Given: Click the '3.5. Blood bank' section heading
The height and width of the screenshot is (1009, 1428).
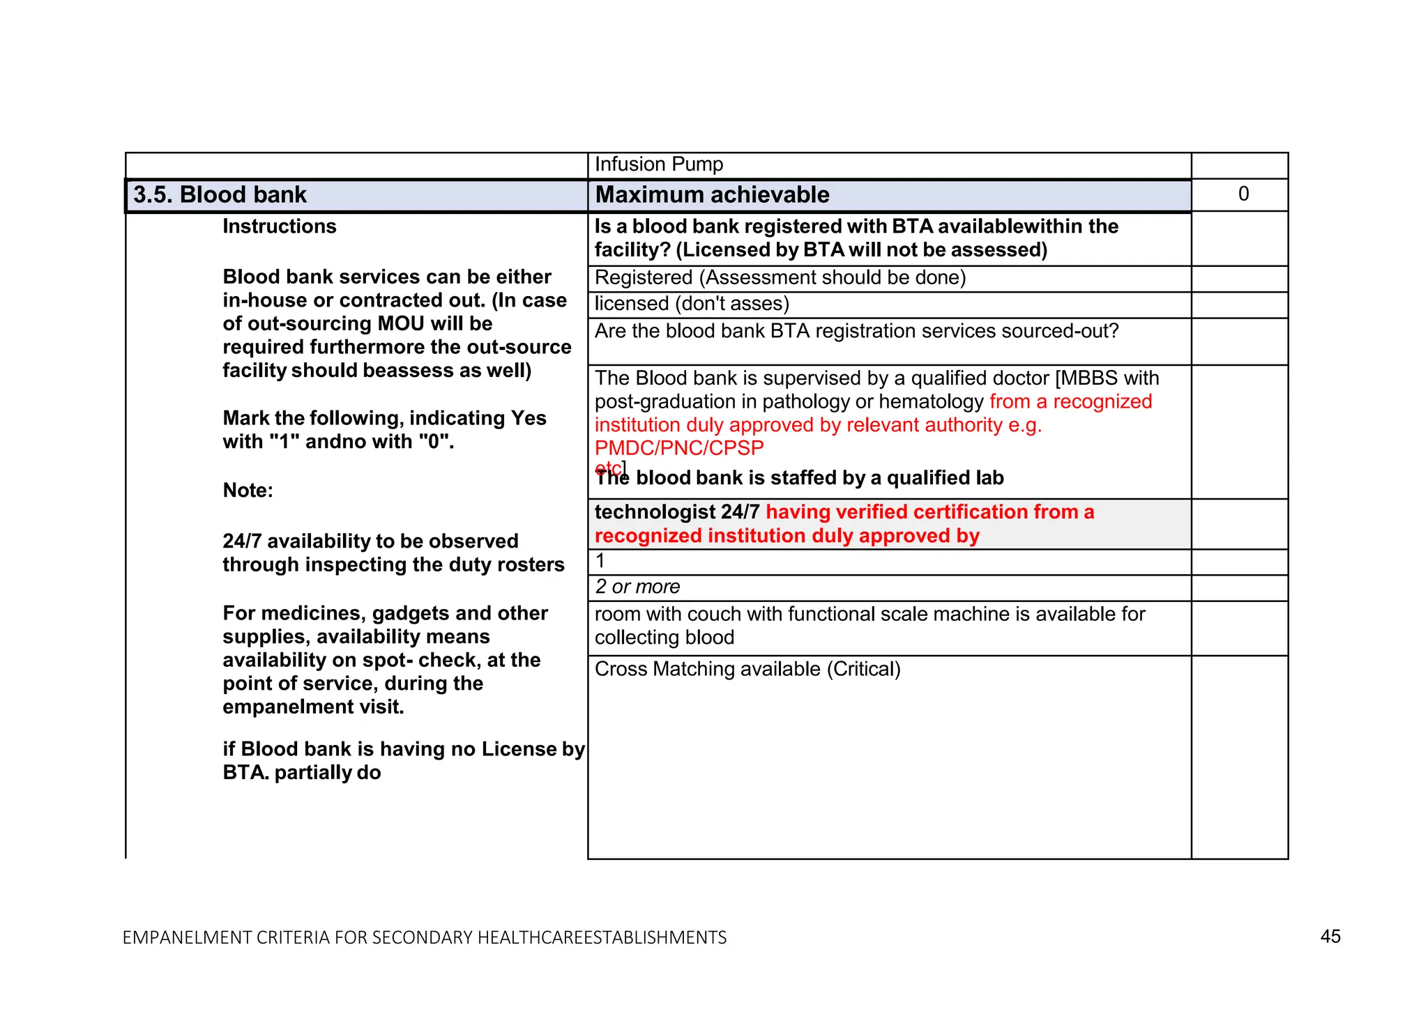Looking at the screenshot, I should click(220, 195).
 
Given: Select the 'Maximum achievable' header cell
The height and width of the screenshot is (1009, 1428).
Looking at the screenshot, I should click(712, 195).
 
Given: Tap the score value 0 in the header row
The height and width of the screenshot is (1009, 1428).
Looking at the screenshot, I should click(1243, 194).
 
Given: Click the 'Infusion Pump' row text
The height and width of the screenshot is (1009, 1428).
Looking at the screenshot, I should click(659, 164).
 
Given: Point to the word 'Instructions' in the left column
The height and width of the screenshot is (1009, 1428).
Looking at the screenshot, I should click(279, 226).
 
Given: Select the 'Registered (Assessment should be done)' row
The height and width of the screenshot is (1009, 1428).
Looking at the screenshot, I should click(780, 278).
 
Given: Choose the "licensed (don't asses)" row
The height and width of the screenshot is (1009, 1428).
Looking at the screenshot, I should click(692, 304).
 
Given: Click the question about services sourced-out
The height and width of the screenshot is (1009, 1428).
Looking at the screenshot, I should click(856, 331).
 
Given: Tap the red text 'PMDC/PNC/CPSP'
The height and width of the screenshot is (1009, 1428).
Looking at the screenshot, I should click(679, 448).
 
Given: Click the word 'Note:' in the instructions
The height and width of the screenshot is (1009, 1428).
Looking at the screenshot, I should click(248, 491).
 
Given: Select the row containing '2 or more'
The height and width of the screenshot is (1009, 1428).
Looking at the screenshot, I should click(637, 587).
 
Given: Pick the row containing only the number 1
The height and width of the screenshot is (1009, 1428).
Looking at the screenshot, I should click(600, 561).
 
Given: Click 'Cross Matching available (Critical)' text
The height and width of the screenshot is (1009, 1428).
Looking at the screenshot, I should click(747, 670).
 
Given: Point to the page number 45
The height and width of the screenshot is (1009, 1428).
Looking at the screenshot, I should click(1330, 937).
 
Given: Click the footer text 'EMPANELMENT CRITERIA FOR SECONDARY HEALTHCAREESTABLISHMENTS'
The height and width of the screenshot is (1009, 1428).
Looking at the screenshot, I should click(424, 938).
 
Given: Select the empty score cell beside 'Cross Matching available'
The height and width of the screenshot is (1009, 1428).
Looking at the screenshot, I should click(1239, 756).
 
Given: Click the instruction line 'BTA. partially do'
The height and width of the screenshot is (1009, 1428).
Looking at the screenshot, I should click(301, 773).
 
